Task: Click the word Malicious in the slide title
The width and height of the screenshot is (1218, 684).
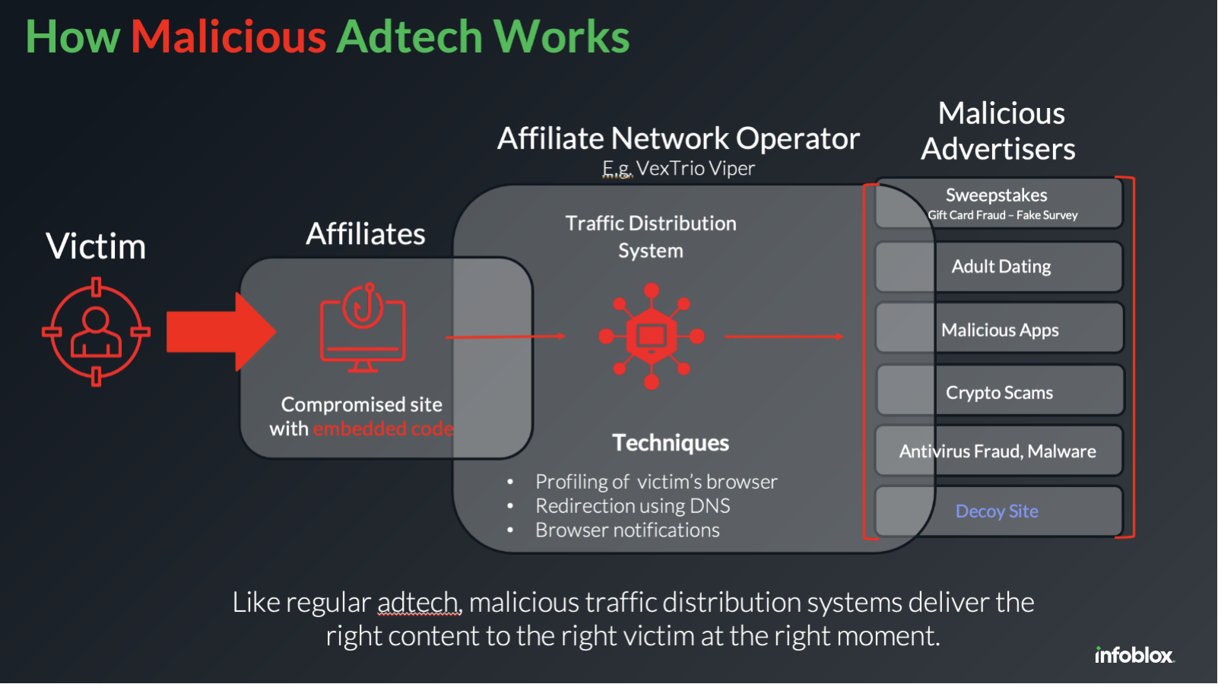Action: (x=228, y=36)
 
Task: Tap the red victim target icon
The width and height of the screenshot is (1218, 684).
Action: (x=96, y=332)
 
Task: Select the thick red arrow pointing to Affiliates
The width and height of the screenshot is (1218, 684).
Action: (x=220, y=332)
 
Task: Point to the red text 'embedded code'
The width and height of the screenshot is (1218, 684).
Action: (x=382, y=429)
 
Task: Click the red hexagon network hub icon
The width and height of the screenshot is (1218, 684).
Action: (x=652, y=336)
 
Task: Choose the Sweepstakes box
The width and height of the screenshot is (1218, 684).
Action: (x=999, y=203)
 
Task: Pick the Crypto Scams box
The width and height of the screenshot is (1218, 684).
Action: (x=999, y=393)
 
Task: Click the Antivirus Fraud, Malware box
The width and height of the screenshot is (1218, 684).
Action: (x=998, y=451)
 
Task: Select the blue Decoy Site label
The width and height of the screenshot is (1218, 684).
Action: (x=997, y=511)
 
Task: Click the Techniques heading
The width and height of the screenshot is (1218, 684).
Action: (x=671, y=443)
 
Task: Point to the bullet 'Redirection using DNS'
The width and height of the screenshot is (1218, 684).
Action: (x=633, y=506)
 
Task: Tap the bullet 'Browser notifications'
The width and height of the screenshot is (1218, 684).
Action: (x=627, y=530)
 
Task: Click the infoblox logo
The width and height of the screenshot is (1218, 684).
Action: (x=1134, y=655)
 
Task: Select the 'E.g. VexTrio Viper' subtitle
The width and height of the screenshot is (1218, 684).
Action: (x=678, y=169)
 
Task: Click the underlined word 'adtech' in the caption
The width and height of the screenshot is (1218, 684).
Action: (x=418, y=603)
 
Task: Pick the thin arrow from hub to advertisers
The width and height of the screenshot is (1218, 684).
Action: (x=784, y=336)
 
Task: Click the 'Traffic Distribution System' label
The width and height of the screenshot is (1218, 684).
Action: (x=651, y=237)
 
